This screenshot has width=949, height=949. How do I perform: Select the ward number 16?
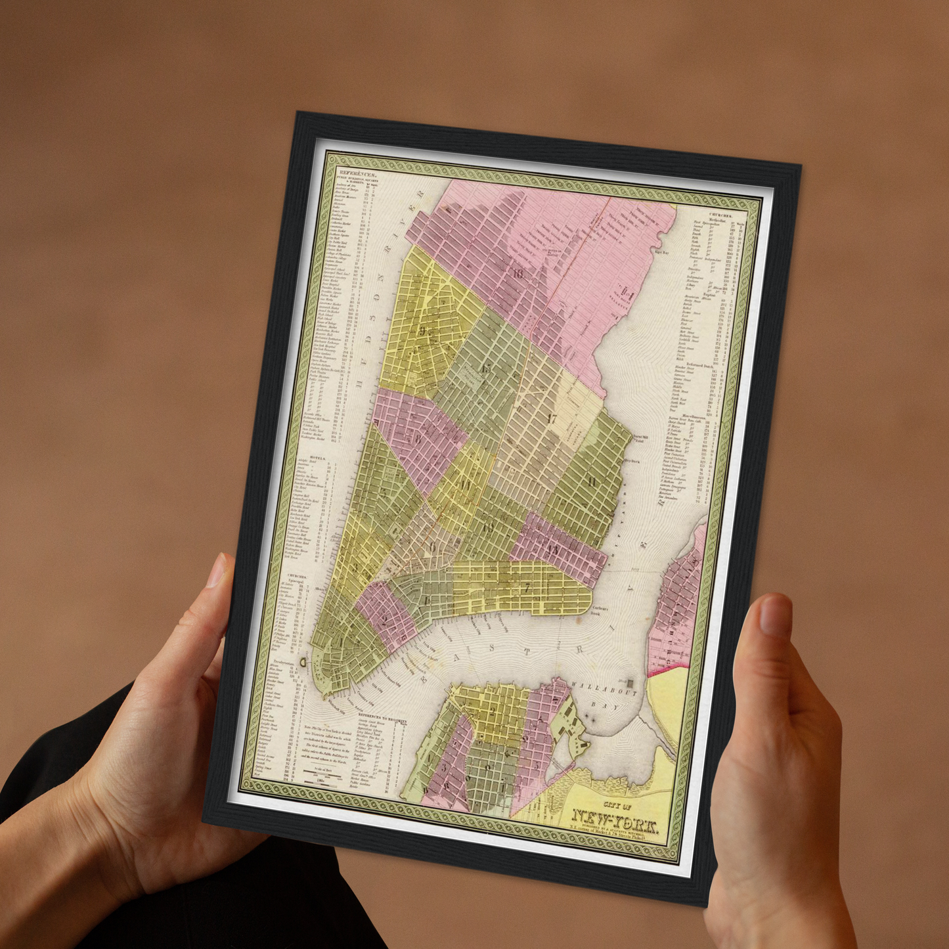[518, 274]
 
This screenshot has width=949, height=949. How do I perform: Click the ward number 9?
[423, 330]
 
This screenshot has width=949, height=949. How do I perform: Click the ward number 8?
[416, 439]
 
